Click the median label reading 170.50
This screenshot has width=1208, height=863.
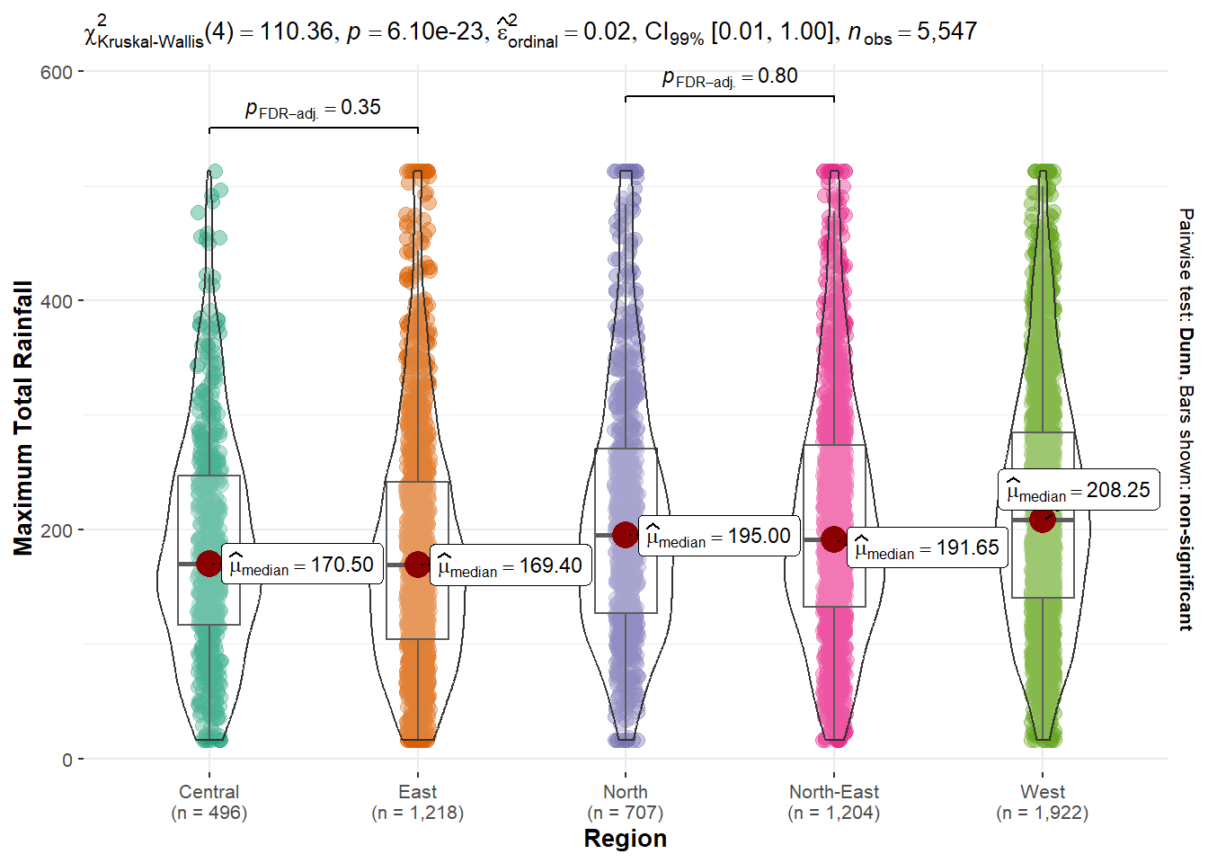[302, 565]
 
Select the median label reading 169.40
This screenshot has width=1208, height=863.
[511, 565]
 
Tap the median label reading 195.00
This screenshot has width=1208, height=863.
[719, 536]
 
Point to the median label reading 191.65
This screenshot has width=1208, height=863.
[927, 547]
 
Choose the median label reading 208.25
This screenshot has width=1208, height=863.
[1079, 490]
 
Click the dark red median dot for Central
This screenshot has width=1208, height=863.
[209, 564]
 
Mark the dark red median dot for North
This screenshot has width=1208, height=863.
[626, 535]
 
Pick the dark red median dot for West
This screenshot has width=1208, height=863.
[1042, 520]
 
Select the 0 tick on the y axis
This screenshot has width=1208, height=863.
[67, 760]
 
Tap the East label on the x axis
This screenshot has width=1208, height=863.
[417, 792]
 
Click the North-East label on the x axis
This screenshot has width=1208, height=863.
[834, 792]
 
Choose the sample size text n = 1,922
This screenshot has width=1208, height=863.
[1042, 813]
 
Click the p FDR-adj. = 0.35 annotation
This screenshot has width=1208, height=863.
[313, 108]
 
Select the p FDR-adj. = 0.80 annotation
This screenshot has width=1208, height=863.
[730, 77]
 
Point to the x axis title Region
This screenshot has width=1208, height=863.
[626, 839]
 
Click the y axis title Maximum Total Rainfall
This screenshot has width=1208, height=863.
[23, 418]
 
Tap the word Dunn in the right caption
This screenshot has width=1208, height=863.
[1186, 351]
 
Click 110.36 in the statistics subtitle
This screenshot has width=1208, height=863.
[296, 31]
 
